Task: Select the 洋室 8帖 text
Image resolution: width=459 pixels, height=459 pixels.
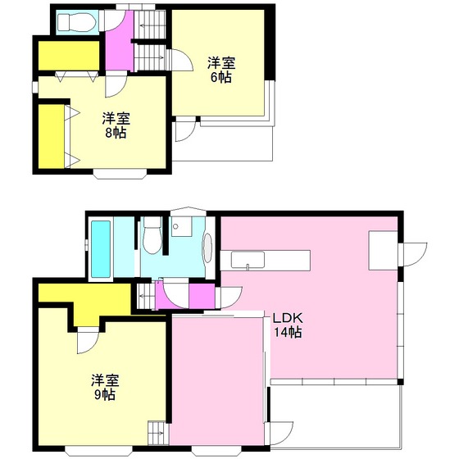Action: click(x=115, y=125)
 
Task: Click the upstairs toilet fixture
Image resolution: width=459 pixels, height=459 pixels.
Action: click(x=76, y=22)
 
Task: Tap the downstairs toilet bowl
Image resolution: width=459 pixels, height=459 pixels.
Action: click(x=151, y=238)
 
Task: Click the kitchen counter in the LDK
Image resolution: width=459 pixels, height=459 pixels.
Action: click(x=270, y=261)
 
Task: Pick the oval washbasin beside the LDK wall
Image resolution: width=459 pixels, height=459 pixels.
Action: click(x=207, y=248)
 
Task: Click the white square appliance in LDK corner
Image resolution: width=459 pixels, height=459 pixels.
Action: click(x=381, y=249)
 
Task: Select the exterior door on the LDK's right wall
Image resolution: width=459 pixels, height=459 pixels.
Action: click(x=412, y=253)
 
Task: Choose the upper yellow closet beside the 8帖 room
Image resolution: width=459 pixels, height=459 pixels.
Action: click(x=68, y=56)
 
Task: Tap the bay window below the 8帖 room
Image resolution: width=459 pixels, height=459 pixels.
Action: click(x=120, y=173)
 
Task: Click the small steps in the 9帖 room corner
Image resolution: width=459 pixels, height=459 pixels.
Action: click(x=156, y=430)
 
